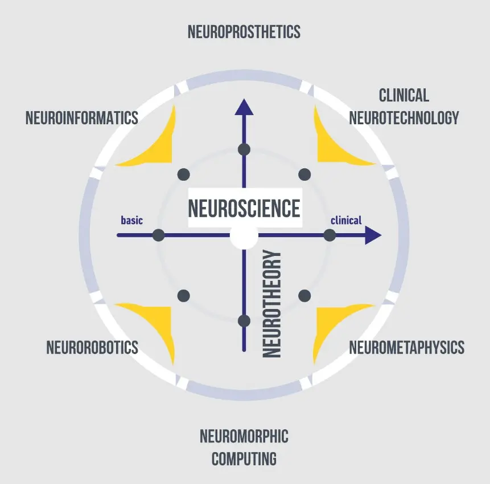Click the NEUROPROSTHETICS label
click(x=244, y=32)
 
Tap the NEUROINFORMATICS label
click(x=82, y=118)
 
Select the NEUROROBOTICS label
click(x=92, y=347)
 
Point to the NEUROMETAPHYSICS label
click(x=406, y=347)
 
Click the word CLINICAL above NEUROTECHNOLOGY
click(x=403, y=95)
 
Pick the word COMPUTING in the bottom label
click(x=244, y=458)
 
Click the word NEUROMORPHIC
click(x=244, y=437)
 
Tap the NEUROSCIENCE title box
click(x=244, y=208)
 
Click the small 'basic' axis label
click(x=131, y=221)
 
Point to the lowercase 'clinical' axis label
click(x=346, y=221)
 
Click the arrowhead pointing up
click(x=244, y=107)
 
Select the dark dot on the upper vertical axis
click(x=244, y=149)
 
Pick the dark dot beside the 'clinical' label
click(x=330, y=235)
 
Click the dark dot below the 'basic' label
click(x=159, y=235)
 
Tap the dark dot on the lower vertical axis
click(x=244, y=320)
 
